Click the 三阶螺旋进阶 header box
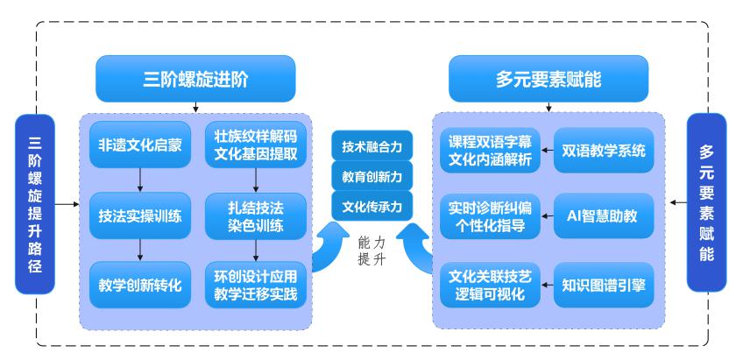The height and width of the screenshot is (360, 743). [x=195, y=79]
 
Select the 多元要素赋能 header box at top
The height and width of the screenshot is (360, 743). [x=548, y=79]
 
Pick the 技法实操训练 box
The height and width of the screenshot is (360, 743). [x=140, y=216]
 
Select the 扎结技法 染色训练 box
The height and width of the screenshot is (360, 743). [x=255, y=216]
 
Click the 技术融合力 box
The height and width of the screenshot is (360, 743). [x=371, y=147]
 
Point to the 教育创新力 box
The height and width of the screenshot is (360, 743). [x=371, y=176]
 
